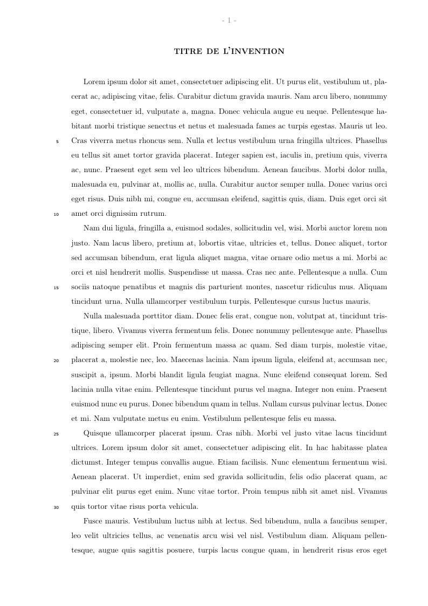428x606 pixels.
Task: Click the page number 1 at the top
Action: tap(229, 21)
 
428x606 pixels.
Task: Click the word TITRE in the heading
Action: tap(187, 52)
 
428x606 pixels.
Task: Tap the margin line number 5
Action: tap(57, 141)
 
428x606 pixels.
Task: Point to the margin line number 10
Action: tap(56, 214)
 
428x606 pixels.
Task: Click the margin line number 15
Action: tap(56, 288)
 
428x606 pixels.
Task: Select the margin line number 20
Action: tap(56, 360)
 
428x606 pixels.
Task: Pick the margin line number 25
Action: tap(56, 434)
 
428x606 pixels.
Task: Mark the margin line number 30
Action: tap(56, 507)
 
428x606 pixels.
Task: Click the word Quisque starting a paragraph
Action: tap(99, 433)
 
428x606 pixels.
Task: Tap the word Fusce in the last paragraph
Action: tap(94, 521)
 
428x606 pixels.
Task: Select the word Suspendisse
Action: tap(222, 273)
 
